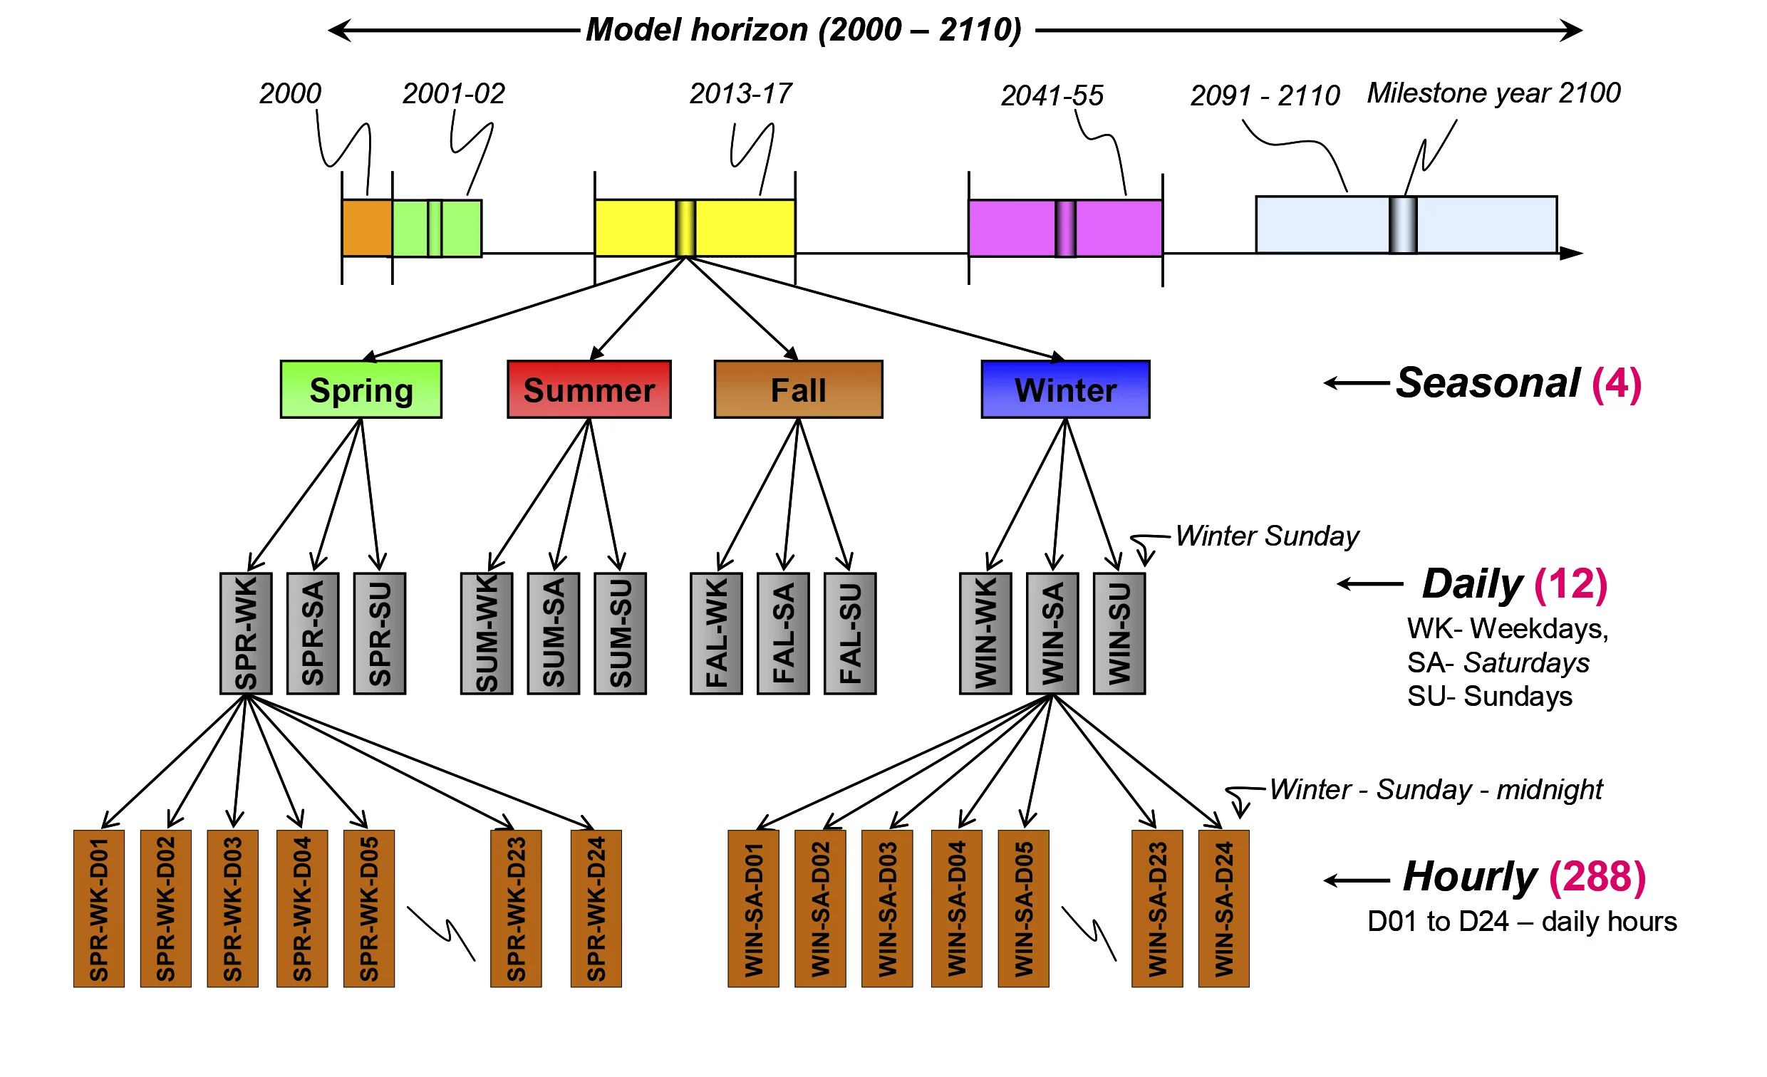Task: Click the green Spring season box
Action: click(x=361, y=390)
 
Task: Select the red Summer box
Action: click(x=589, y=390)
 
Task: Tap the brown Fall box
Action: click(x=799, y=390)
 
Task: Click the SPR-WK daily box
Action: click(x=246, y=634)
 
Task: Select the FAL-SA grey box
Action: click(x=784, y=634)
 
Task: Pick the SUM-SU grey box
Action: click(x=621, y=634)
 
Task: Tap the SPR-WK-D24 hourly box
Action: click(x=596, y=909)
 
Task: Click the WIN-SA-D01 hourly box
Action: click(x=754, y=909)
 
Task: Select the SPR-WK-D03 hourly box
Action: click(x=233, y=909)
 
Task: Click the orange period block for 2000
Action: click(x=367, y=228)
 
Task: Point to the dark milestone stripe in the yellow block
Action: click(x=685, y=228)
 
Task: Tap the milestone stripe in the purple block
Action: click(x=1066, y=228)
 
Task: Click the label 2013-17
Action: click(x=741, y=94)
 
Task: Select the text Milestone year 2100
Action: click(x=1494, y=93)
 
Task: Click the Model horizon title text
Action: click(x=804, y=30)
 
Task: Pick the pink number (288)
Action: click(x=1597, y=877)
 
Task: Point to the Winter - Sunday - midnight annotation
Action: click(x=1436, y=790)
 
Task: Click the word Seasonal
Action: click(x=1488, y=383)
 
